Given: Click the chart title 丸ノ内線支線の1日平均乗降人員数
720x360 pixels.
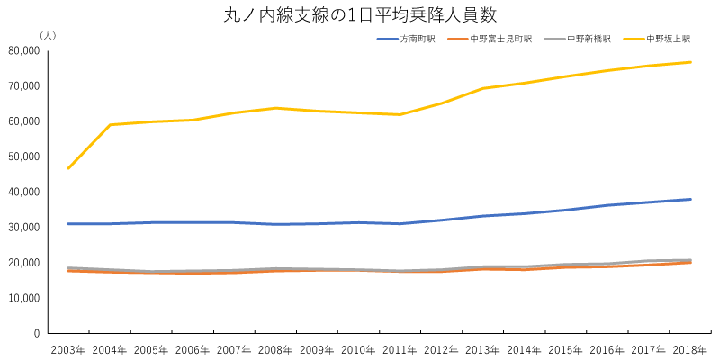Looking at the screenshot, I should pyautogui.click(x=360, y=15).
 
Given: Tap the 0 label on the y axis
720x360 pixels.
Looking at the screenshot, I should pyautogui.click(x=36, y=333).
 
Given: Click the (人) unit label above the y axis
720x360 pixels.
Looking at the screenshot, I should pyautogui.click(x=48, y=35).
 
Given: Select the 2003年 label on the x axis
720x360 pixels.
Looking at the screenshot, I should pyautogui.click(x=68, y=349).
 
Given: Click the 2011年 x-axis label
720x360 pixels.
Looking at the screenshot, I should pyautogui.click(x=400, y=349).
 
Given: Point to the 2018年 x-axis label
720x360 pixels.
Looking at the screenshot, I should pyautogui.click(x=690, y=349).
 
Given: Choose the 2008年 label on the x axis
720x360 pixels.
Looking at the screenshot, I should pyautogui.click(x=275, y=349).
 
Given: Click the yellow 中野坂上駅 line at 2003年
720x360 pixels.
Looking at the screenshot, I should pyautogui.click(x=68, y=168).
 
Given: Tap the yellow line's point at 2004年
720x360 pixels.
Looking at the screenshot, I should pyautogui.click(x=110, y=125).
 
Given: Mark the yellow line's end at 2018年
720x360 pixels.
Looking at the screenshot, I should pyautogui.click(x=690, y=62).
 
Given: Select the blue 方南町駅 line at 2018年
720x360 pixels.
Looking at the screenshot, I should pyautogui.click(x=690, y=199).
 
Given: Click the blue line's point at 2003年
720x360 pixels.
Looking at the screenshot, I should pyautogui.click(x=68, y=223).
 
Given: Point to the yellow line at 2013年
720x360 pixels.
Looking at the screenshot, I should pyautogui.click(x=483, y=88).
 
